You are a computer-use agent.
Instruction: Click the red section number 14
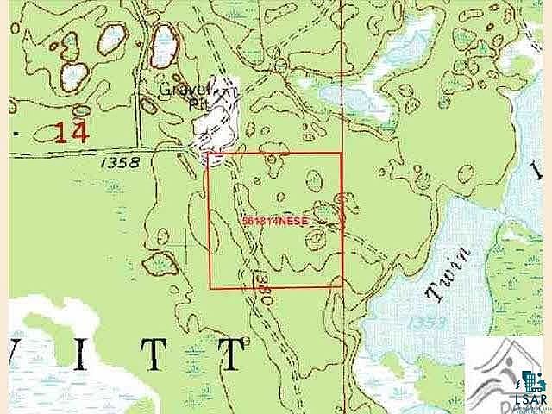[72, 133]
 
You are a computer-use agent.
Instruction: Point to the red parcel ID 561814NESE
[275, 221]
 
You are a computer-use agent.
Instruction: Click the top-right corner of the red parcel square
[342, 154]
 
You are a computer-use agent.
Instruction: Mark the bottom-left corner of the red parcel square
[210, 288]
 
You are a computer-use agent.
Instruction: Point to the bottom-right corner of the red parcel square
[342, 287]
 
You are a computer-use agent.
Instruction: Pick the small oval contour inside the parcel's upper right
[315, 179]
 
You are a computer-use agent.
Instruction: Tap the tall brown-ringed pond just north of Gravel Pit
[162, 48]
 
